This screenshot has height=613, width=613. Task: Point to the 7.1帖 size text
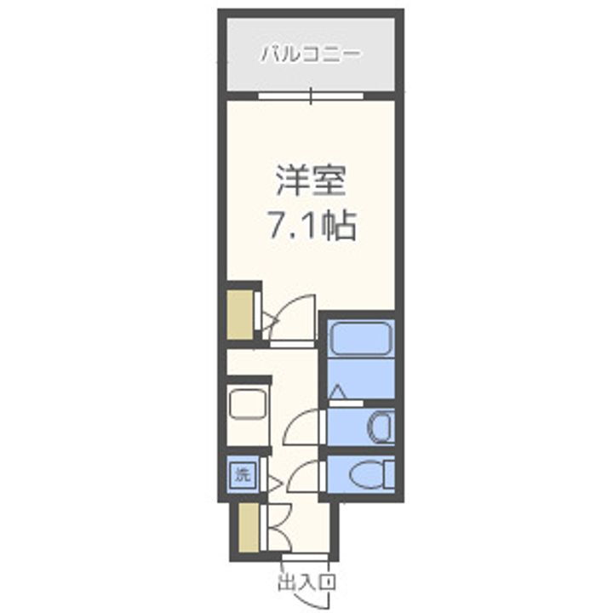[x=310, y=226]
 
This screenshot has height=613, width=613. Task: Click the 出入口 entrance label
[x=306, y=583]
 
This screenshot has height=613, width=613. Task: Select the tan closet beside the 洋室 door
[x=239, y=315]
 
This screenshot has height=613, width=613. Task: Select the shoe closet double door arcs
[x=276, y=528]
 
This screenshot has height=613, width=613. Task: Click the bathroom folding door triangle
[x=338, y=392]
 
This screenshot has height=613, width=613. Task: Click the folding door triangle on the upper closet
[x=267, y=320]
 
